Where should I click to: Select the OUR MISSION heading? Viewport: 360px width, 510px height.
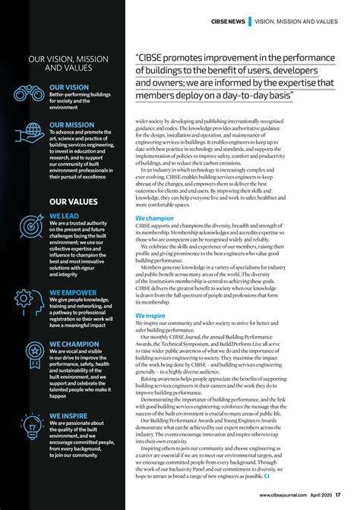71,124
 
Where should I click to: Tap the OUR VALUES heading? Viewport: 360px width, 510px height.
74,202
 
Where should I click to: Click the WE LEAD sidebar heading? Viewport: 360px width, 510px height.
65,216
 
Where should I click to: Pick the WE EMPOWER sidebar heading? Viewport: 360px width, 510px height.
73,292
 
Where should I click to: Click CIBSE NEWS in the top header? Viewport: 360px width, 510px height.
228,20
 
